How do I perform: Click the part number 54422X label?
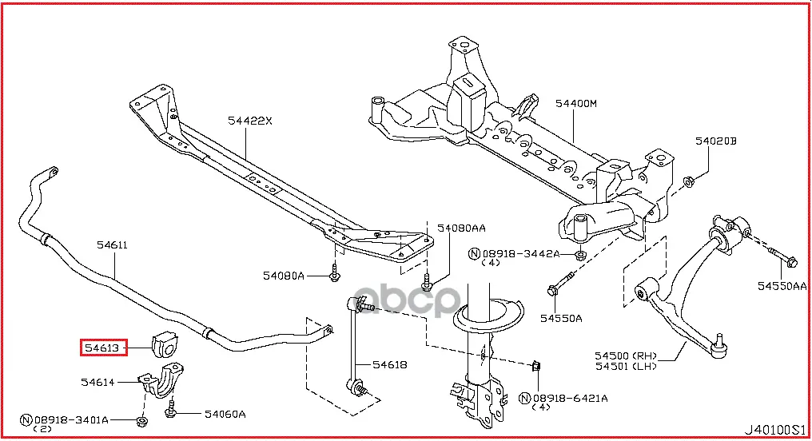point(249,121)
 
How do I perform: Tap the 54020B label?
point(714,141)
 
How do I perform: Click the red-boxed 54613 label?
point(103,348)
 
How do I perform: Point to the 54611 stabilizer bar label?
point(113,245)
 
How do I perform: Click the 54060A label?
point(225,414)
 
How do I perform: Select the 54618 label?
point(390,365)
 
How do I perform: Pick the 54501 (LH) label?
point(623,366)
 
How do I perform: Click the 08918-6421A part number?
point(570,398)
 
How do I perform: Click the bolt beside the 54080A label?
point(336,276)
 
